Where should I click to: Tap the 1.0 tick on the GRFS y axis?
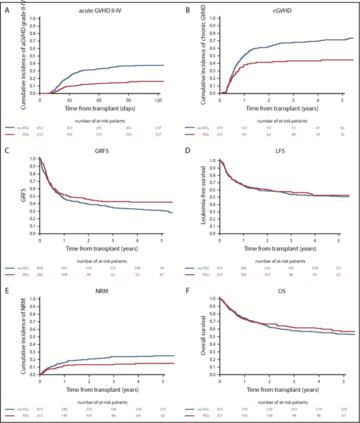[x=31, y=159]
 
